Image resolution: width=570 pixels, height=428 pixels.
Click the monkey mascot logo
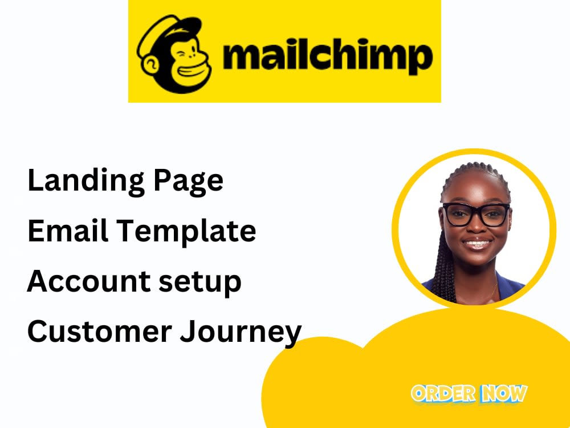coord(173,54)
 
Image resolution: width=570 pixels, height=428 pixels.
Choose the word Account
coord(84,281)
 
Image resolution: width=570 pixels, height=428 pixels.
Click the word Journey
coord(241,332)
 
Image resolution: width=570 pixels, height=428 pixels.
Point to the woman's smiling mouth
coord(478,244)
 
